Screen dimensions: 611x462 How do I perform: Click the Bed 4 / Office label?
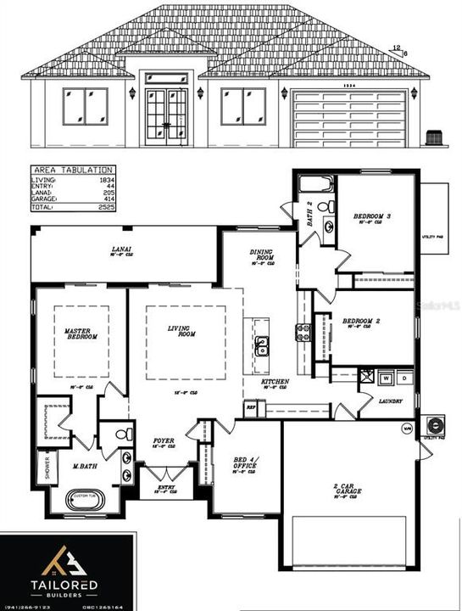click(246, 465)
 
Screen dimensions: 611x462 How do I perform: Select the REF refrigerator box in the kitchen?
click(251, 407)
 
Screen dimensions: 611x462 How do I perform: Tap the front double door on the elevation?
click(165, 114)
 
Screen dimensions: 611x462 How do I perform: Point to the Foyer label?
click(164, 441)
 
